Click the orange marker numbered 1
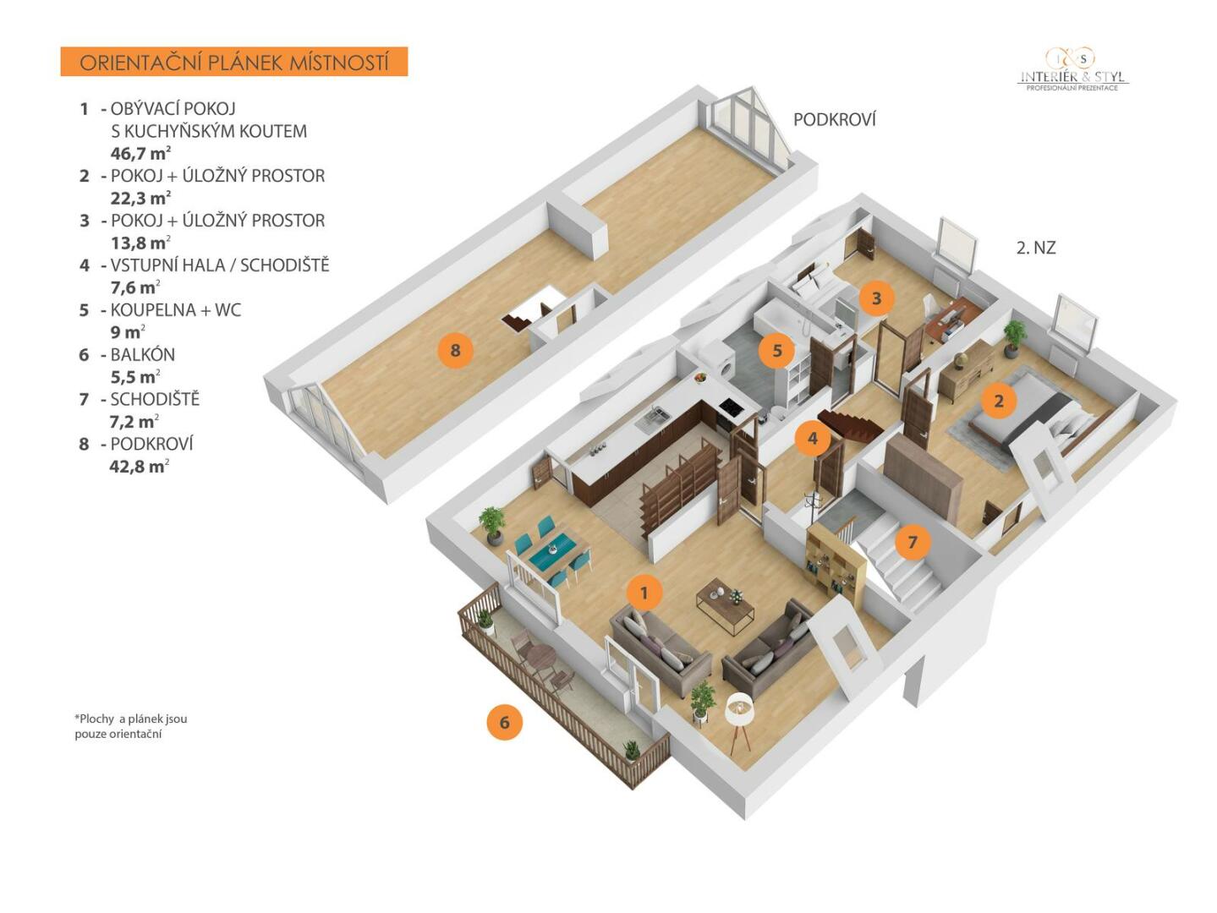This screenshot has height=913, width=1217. (x=644, y=593)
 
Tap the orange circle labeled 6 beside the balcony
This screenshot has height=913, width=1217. (x=504, y=722)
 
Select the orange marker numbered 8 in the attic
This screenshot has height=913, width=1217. (x=455, y=350)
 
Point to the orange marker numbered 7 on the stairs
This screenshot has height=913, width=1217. (x=913, y=541)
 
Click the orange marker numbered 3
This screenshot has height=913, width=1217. (x=876, y=298)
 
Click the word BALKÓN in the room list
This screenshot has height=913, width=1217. (x=142, y=354)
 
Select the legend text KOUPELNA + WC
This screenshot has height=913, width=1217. (x=176, y=309)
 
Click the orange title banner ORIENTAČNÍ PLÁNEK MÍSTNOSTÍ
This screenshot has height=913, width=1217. (x=234, y=62)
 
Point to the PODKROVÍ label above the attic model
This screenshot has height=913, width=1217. (x=835, y=120)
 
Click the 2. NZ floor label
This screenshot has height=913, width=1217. (x=1036, y=248)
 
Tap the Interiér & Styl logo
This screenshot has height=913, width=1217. (x=1072, y=69)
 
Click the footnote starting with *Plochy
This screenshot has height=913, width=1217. (x=131, y=726)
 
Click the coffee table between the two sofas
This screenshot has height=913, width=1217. (x=725, y=605)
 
